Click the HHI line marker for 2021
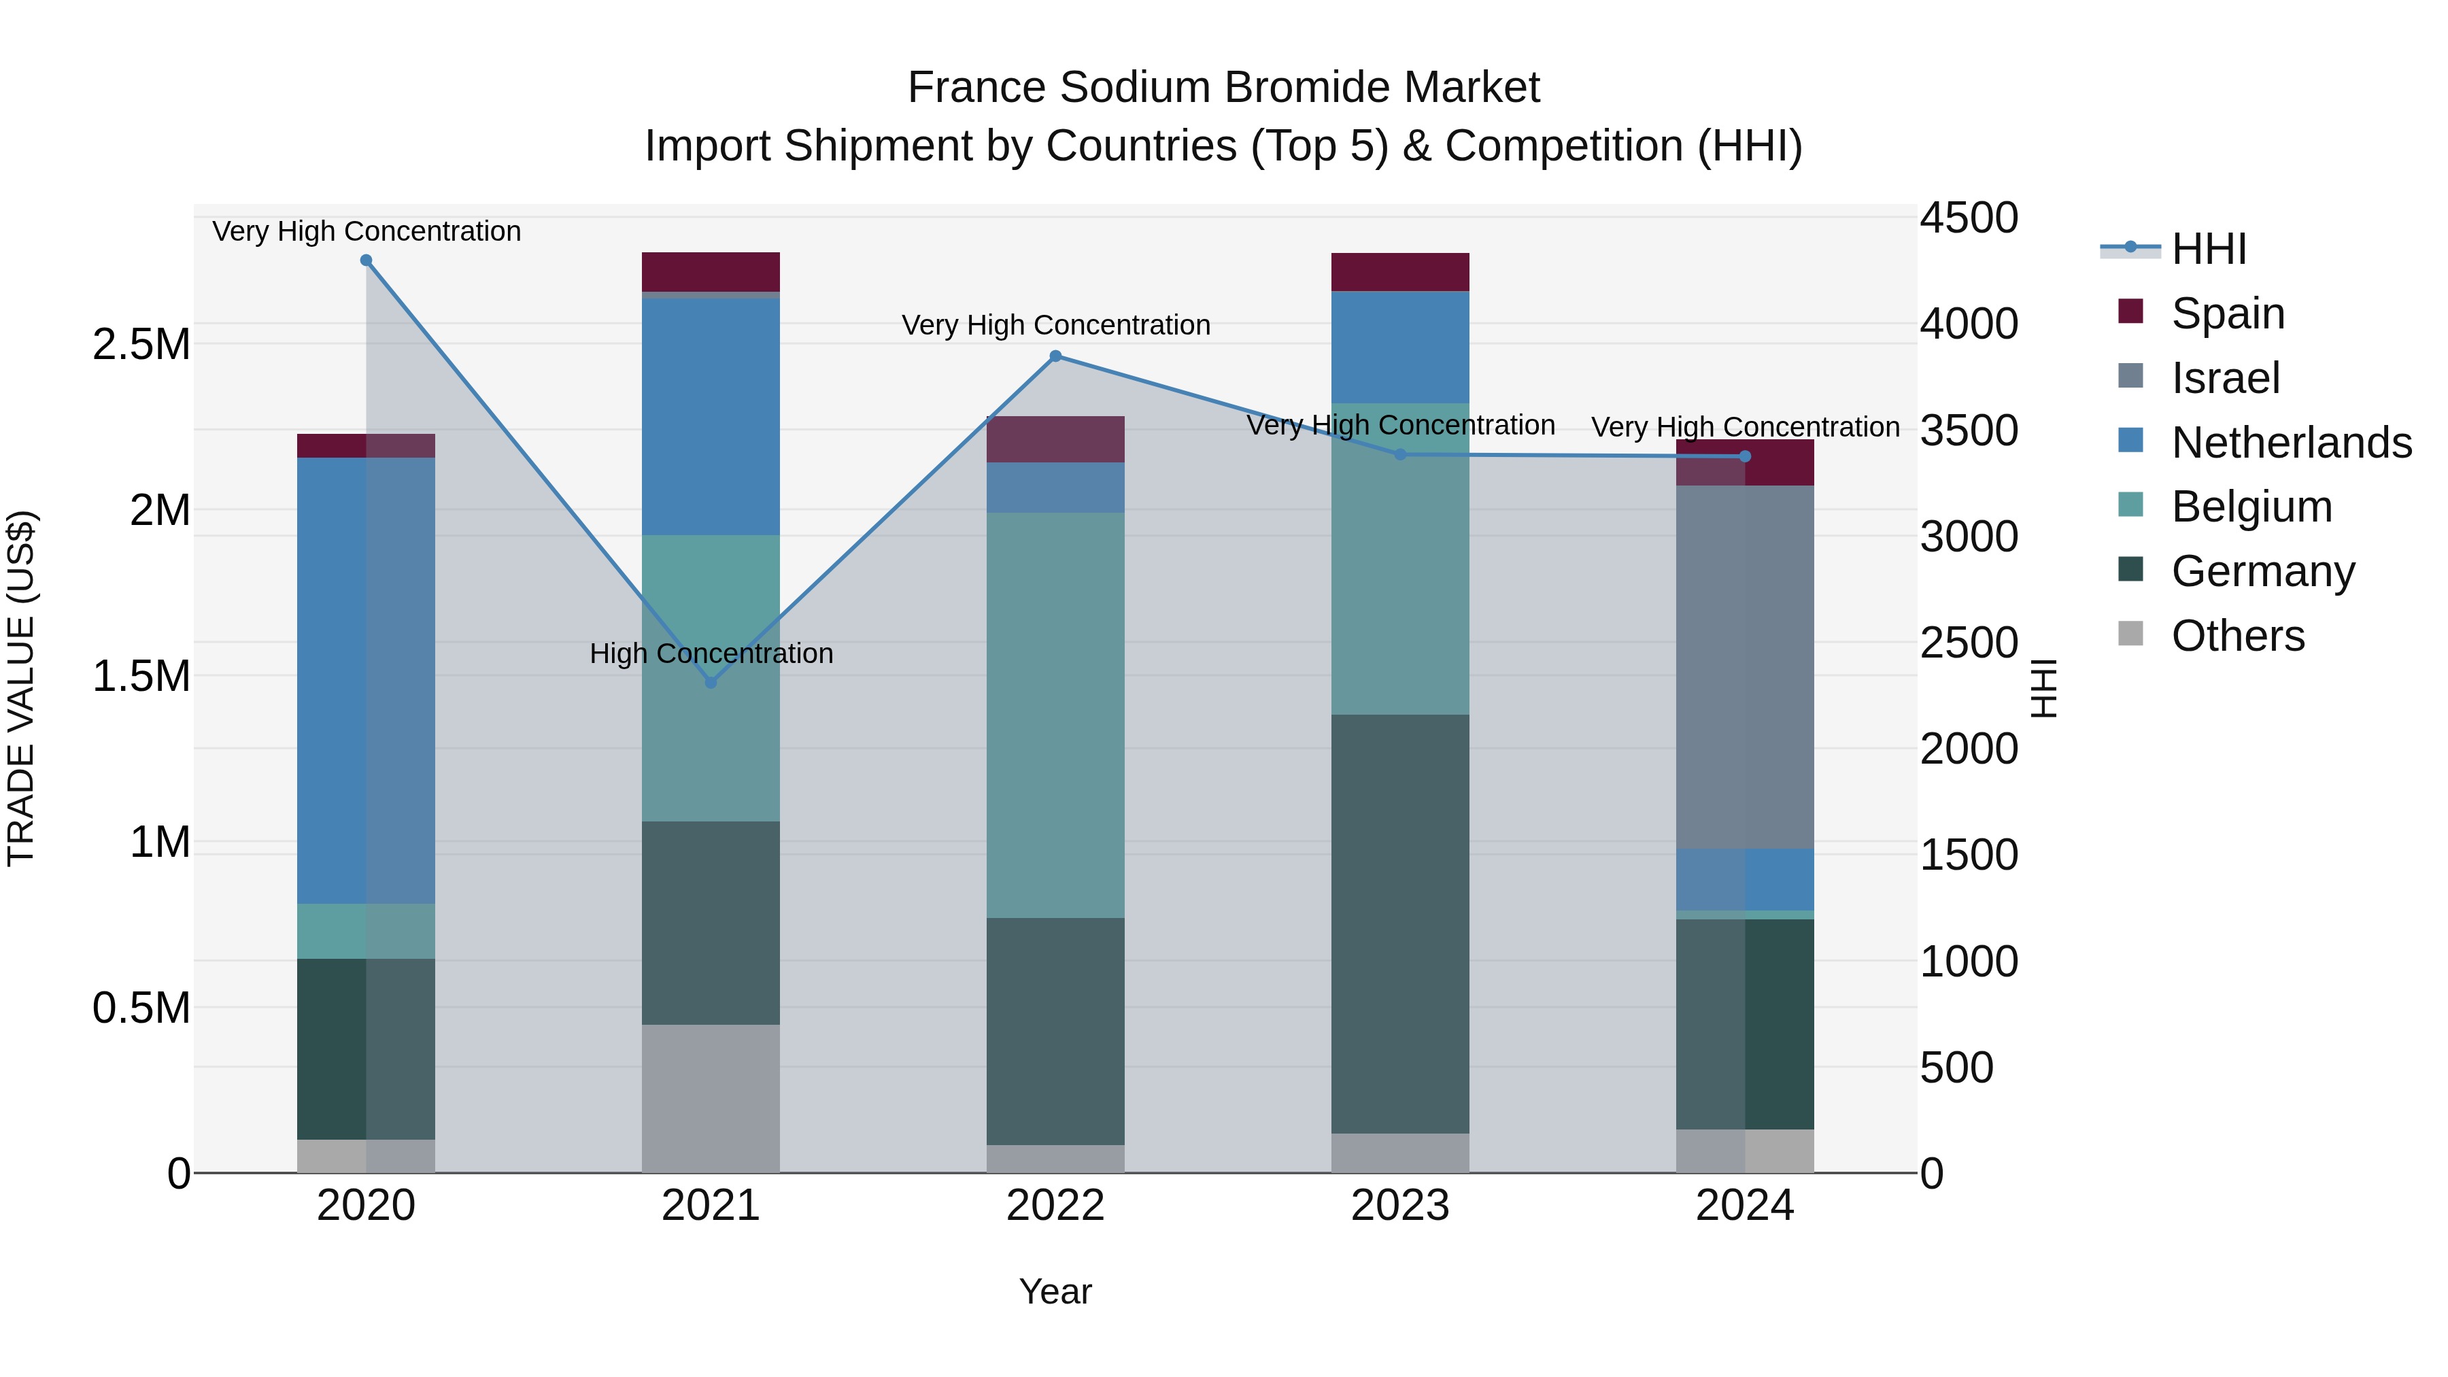(711, 682)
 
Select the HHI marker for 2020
(366, 260)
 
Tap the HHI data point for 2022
(1055, 356)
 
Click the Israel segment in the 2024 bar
(1745, 667)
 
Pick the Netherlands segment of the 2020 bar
(366, 681)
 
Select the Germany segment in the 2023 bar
(1400, 923)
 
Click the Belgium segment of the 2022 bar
(1055, 715)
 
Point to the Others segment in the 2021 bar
(711, 1099)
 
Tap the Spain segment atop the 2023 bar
(1400, 272)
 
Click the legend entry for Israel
(2226, 378)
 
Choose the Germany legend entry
(2262, 571)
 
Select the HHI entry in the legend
(2209, 249)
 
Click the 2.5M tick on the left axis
(141, 344)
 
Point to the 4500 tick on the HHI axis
(1968, 218)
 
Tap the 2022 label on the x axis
(1055, 1206)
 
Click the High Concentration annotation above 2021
(711, 653)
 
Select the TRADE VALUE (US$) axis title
(21, 688)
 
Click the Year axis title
(1055, 1291)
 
